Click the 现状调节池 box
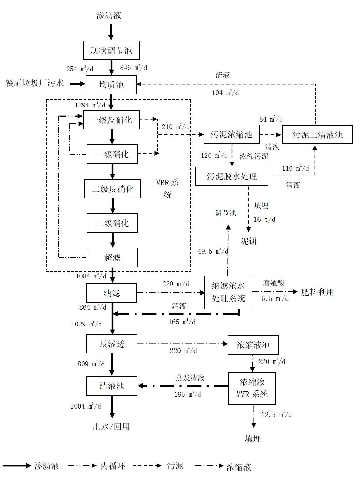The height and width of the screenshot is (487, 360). click(x=111, y=50)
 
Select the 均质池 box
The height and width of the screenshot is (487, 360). click(x=111, y=85)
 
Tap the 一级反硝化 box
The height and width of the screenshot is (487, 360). click(x=111, y=120)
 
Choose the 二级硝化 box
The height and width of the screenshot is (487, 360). click(x=112, y=223)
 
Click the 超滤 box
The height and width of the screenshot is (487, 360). click(x=112, y=257)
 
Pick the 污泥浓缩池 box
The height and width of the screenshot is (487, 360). click(x=231, y=134)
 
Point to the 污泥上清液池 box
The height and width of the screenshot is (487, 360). click(x=317, y=135)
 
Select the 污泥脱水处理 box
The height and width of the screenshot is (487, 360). click(x=232, y=176)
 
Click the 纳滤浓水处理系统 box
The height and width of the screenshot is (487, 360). click(x=228, y=292)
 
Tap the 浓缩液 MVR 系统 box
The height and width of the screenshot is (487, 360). click(x=252, y=388)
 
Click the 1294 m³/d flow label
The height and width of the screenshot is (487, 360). click(x=90, y=105)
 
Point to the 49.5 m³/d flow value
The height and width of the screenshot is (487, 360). click(x=213, y=251)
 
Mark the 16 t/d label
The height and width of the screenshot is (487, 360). click(x=264, y=219)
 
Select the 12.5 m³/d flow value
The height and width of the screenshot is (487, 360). click(x=276, y=415)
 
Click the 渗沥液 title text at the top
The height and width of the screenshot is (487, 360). click(x=109, y=15)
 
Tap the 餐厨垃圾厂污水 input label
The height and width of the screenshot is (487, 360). click(x=35, y=83)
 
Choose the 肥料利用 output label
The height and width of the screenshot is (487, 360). click(x=317, y=292)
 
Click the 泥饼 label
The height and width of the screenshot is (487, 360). click(x=249, y=241)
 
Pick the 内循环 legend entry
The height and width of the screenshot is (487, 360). click(x=113, y=466)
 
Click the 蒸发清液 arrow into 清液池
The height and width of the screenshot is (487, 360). click(x=182, y=386)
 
